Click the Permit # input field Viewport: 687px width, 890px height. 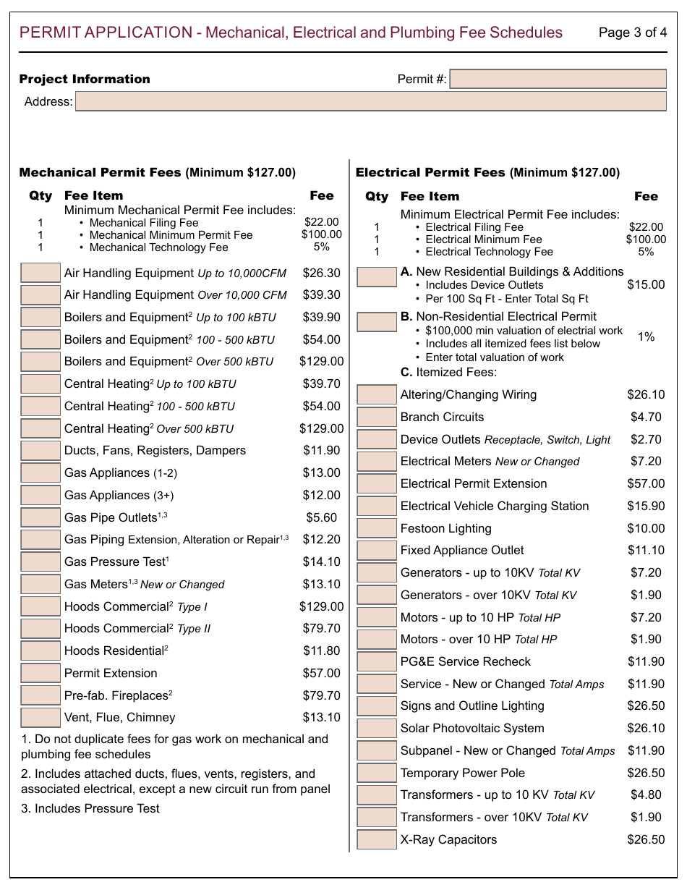tap(558, 79)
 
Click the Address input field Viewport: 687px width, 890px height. tap(370, 101)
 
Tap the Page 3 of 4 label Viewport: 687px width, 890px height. tap(633, 33)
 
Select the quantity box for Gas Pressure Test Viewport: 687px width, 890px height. tap(40, 562)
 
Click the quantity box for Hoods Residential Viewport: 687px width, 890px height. tap(40, 651)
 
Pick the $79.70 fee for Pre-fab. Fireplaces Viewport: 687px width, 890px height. tap(321, 695)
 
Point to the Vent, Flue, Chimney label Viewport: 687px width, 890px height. tap(120, 718)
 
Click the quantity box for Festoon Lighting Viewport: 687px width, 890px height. tap(377, 528)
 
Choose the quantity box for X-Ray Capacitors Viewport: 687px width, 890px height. tap(377, 840)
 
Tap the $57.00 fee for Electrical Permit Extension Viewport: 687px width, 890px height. tap(646, 484)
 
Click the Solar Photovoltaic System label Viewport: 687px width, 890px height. tap(472, 729)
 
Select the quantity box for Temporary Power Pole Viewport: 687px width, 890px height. tap(377, 774)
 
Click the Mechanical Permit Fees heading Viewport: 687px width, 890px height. tap(101, 172)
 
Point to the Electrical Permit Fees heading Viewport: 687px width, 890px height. tap(430, 172)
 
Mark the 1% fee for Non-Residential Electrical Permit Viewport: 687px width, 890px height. tap(646, 337)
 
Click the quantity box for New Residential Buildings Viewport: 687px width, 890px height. tap(377, 277)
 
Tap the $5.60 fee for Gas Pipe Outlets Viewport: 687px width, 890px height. tap(321, 517)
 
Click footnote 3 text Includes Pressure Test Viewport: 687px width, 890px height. tap(90, 809)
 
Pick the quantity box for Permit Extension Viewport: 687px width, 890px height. tap(40, 673)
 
